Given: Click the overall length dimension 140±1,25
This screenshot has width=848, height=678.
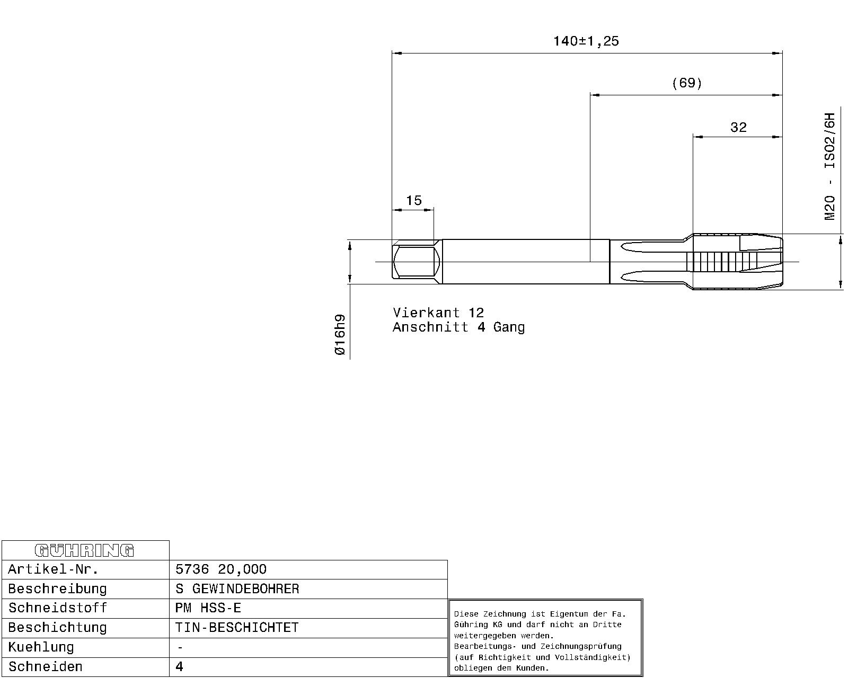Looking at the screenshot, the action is point(586,41).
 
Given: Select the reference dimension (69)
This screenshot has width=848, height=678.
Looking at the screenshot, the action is point(687,83).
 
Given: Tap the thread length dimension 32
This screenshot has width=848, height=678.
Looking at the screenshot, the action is point(738,127).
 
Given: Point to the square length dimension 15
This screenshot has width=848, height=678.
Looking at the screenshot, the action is point(414,201).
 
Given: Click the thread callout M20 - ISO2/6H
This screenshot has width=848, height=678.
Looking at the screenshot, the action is point(829,166).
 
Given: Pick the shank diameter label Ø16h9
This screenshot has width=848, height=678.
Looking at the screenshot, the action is point(340,334).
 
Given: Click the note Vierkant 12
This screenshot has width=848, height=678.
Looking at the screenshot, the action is point(438,313).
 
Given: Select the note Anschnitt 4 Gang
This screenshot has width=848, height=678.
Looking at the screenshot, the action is point(458,327).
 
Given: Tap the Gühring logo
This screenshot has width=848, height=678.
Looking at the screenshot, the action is point(84,550).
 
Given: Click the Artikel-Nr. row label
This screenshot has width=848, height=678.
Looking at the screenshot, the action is point(53,569).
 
